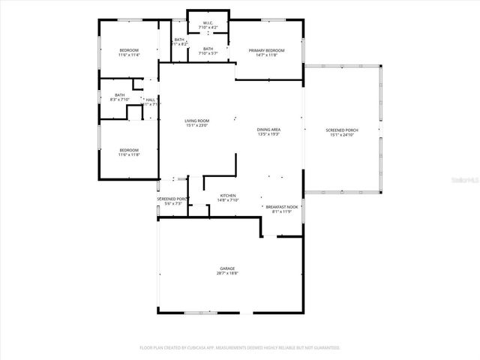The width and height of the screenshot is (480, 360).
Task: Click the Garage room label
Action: click(x=227, y=268)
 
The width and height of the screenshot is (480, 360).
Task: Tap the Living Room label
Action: click(x=198, y=121)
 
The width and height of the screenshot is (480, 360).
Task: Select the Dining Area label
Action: click(x=268, y=130)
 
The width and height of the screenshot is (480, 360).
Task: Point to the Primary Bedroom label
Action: click(x=267, y=49)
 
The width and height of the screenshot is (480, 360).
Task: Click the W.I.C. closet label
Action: click(x=208, y=23)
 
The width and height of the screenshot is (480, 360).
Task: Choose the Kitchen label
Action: click(x=227, y=196)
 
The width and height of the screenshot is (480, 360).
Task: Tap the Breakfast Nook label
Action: click(x=282, y=206)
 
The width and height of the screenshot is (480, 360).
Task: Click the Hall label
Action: click(x=150, y=100)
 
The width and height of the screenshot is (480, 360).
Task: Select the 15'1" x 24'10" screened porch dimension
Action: click(x=341, y=135)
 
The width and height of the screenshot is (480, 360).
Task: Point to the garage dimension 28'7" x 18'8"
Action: click(x=227, y=273)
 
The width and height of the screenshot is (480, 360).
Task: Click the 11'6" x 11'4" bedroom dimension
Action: click(x=129, y=55)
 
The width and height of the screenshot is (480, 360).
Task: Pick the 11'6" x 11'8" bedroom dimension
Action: click(x=129, y=155)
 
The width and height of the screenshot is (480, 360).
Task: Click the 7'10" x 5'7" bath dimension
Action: click(x=208, y=53)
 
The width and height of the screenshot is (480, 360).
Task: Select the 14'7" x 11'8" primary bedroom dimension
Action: click(x=267, y=55)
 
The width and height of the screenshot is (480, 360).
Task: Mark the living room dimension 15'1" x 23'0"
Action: click(x=198, y=125)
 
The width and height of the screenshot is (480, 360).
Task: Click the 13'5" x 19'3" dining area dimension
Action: click(x=268, y=134)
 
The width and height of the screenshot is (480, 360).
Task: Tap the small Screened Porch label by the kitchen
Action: click(x=171, y=199)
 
